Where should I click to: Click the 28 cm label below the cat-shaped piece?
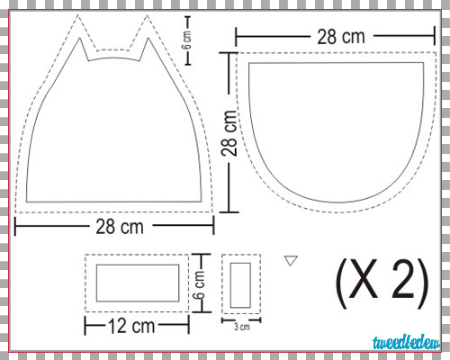coord(120,227)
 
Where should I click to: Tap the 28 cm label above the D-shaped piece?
coord(341,37)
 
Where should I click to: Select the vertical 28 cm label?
coord(229,132)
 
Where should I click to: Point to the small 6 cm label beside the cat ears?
coord(187,40)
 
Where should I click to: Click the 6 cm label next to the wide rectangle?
coord(199,284)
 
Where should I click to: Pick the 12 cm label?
coord(131,326)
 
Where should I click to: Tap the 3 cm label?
coord(242,327)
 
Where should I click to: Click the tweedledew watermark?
coord(407,343)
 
